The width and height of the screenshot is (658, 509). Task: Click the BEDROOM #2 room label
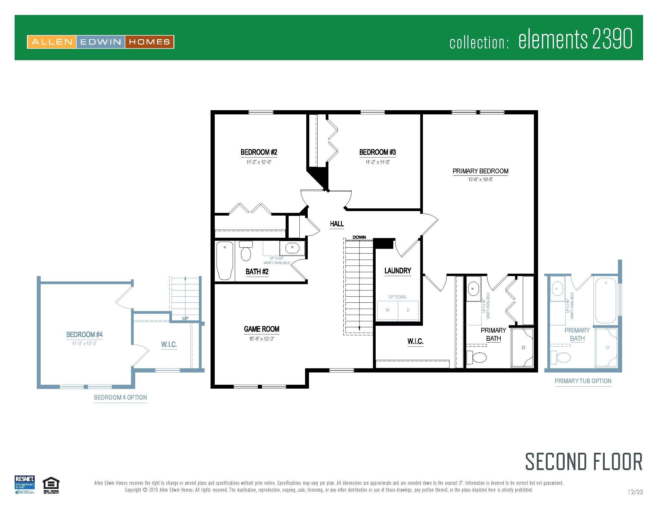tap(258, 152)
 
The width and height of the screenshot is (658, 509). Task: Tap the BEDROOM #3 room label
tap(377, 152)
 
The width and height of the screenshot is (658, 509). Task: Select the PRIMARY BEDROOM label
tap(480, 171)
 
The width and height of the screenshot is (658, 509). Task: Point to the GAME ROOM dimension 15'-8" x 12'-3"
tap(261, 339)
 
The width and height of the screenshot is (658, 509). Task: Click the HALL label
tap(336, 224)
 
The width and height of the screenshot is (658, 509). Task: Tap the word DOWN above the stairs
tap(359, 237)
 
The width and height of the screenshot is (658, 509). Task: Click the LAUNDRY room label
tap(398, 271)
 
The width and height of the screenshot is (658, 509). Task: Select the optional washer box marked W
tap(387, 310)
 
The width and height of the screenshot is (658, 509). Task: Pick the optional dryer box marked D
tap(408, 310)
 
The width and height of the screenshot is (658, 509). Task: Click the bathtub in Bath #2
tap(225, 260)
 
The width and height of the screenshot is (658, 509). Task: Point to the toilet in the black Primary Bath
tap(478, 357)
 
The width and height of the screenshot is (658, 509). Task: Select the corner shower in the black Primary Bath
tap(523, 348)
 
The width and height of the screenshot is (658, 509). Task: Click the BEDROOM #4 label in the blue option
tap(84, 334)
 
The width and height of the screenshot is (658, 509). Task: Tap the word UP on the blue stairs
tap(185, 319)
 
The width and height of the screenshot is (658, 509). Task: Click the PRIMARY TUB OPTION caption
tap(583, 381)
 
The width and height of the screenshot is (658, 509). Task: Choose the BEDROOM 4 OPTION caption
tap(121, 397)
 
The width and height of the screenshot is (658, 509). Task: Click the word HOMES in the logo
tap(150, 42)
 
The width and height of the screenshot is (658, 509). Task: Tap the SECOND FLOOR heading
tap(584, 462)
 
